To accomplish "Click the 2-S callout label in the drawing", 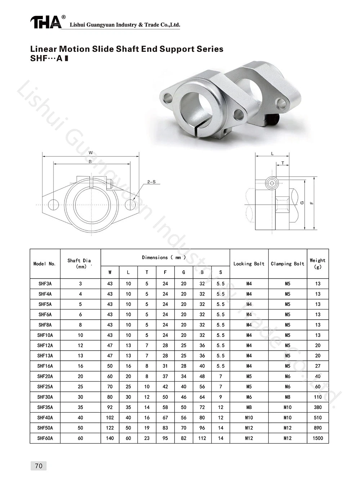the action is click(151, 182).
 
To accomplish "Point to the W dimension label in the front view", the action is click(91, 153).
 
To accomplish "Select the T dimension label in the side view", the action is click(283, 163).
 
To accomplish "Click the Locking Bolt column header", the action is click(249, 264).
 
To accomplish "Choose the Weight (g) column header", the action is click(318, 263).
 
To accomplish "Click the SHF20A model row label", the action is click(45, 376).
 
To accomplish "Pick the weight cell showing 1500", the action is click(318, 438).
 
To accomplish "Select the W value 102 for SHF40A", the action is click(110, 418).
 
